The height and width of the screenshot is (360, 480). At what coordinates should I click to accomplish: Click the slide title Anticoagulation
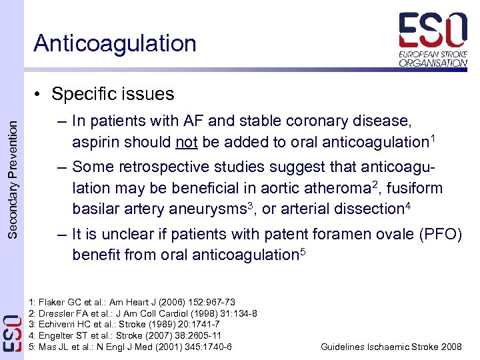[115, 43]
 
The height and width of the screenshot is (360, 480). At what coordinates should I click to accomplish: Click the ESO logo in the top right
[433, 40]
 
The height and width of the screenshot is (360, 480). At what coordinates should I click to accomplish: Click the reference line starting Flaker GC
[133, 302]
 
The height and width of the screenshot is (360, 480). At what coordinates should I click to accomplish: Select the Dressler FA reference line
[143, 313]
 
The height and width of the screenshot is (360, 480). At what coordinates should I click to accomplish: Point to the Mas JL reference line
[131, 347]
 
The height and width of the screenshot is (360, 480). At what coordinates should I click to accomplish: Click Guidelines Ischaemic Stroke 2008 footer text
[391, 347]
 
